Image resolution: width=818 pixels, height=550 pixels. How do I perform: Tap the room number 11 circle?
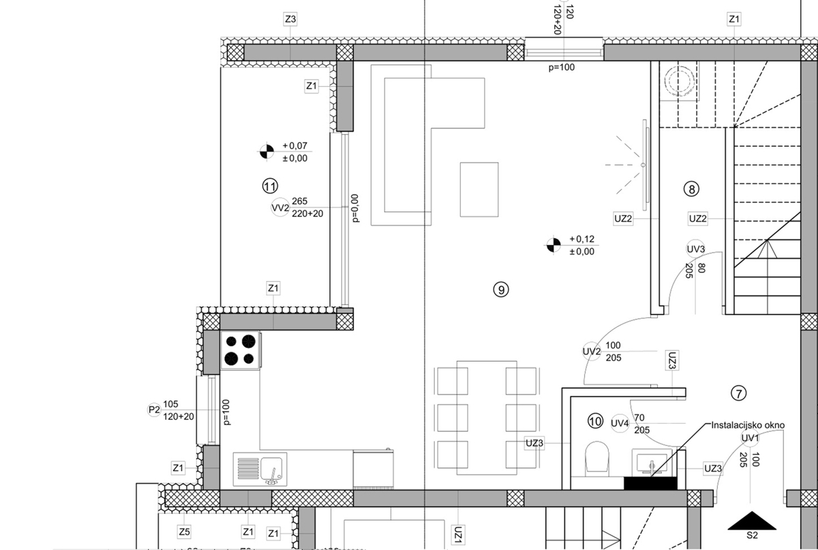(x=270, y=186)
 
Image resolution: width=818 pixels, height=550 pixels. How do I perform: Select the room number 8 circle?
(x=692, y=189)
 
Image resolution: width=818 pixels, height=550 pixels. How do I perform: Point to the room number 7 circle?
(x=739, y=392)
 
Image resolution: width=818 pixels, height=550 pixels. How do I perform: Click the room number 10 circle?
(x=595, y=422)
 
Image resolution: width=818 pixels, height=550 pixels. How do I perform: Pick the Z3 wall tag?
(x=290, y=20)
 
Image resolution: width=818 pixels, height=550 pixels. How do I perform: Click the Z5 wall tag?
(x=183, y=532)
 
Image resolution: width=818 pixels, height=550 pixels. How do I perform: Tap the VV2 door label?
(x=279, y=208)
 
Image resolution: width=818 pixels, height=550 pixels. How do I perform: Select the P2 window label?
(x=154, y=410)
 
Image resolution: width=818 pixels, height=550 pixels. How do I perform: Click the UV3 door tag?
(x=695, y=249)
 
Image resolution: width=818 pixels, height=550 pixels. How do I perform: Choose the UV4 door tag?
(x=619, y=424)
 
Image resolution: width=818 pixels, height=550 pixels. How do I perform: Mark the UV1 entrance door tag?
(x=751, y=437)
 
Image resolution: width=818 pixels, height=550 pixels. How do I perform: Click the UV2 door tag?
(x=591, y=351)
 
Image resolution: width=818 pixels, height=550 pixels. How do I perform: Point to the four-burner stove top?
(x=240, y=350)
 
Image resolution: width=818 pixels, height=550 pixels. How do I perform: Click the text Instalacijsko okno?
(x=748, y=424)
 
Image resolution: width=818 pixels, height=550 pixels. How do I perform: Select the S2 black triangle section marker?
(x=752, y=521)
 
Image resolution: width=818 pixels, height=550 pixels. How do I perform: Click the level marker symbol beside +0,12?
(x=554, y=244)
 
